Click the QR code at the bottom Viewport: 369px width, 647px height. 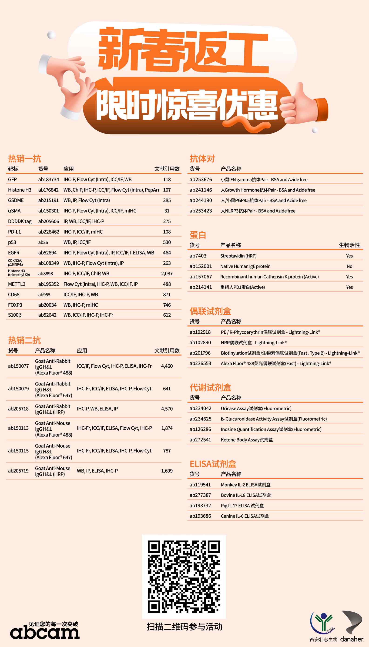[184, 577]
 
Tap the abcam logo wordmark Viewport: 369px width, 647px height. [45, 633]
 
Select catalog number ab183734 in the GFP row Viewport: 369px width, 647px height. [48, 179]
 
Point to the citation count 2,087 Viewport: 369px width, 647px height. [167, 274]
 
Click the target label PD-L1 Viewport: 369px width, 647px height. [14, 232]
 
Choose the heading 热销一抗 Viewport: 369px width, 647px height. [24, 159]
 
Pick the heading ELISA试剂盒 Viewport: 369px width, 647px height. [213, 464]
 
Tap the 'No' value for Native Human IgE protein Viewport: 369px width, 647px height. [349, 266]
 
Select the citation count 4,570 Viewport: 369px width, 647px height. [167, 409]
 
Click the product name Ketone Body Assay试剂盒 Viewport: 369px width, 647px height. [247, 440]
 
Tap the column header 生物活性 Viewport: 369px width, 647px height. [349, 245]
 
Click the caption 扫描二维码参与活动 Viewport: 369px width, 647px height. [184, 627]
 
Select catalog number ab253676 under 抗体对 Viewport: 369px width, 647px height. [201, 179]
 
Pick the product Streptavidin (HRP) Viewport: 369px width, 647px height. [238, 256]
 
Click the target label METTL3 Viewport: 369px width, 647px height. [17, 284]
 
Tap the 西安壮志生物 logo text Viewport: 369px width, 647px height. [323, 639]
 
